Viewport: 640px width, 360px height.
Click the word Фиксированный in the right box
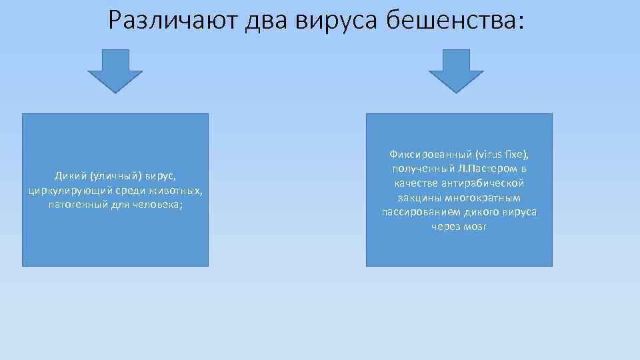[429, 154]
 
